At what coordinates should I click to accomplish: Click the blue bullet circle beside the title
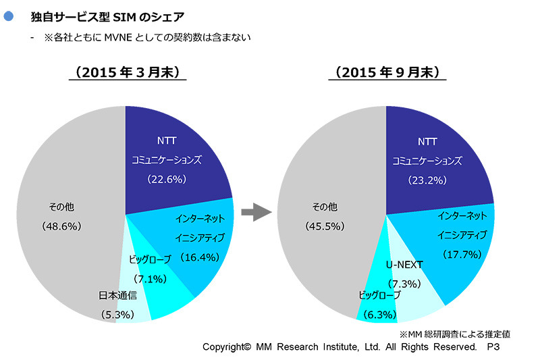click(9, 14)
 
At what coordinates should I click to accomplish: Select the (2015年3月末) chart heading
click(126, 72)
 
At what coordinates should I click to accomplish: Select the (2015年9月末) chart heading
click(387, 72)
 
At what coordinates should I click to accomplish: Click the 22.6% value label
click(166, 180)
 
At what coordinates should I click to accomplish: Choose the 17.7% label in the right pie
click(462, 255)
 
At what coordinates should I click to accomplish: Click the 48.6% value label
click(61, 225)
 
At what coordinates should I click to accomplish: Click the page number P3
click(493, 346)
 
